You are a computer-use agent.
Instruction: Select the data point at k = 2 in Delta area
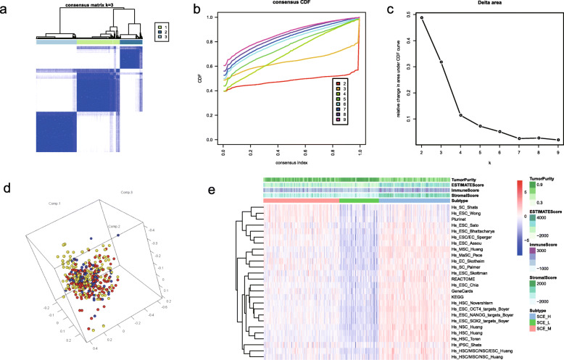click(421, 17)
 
